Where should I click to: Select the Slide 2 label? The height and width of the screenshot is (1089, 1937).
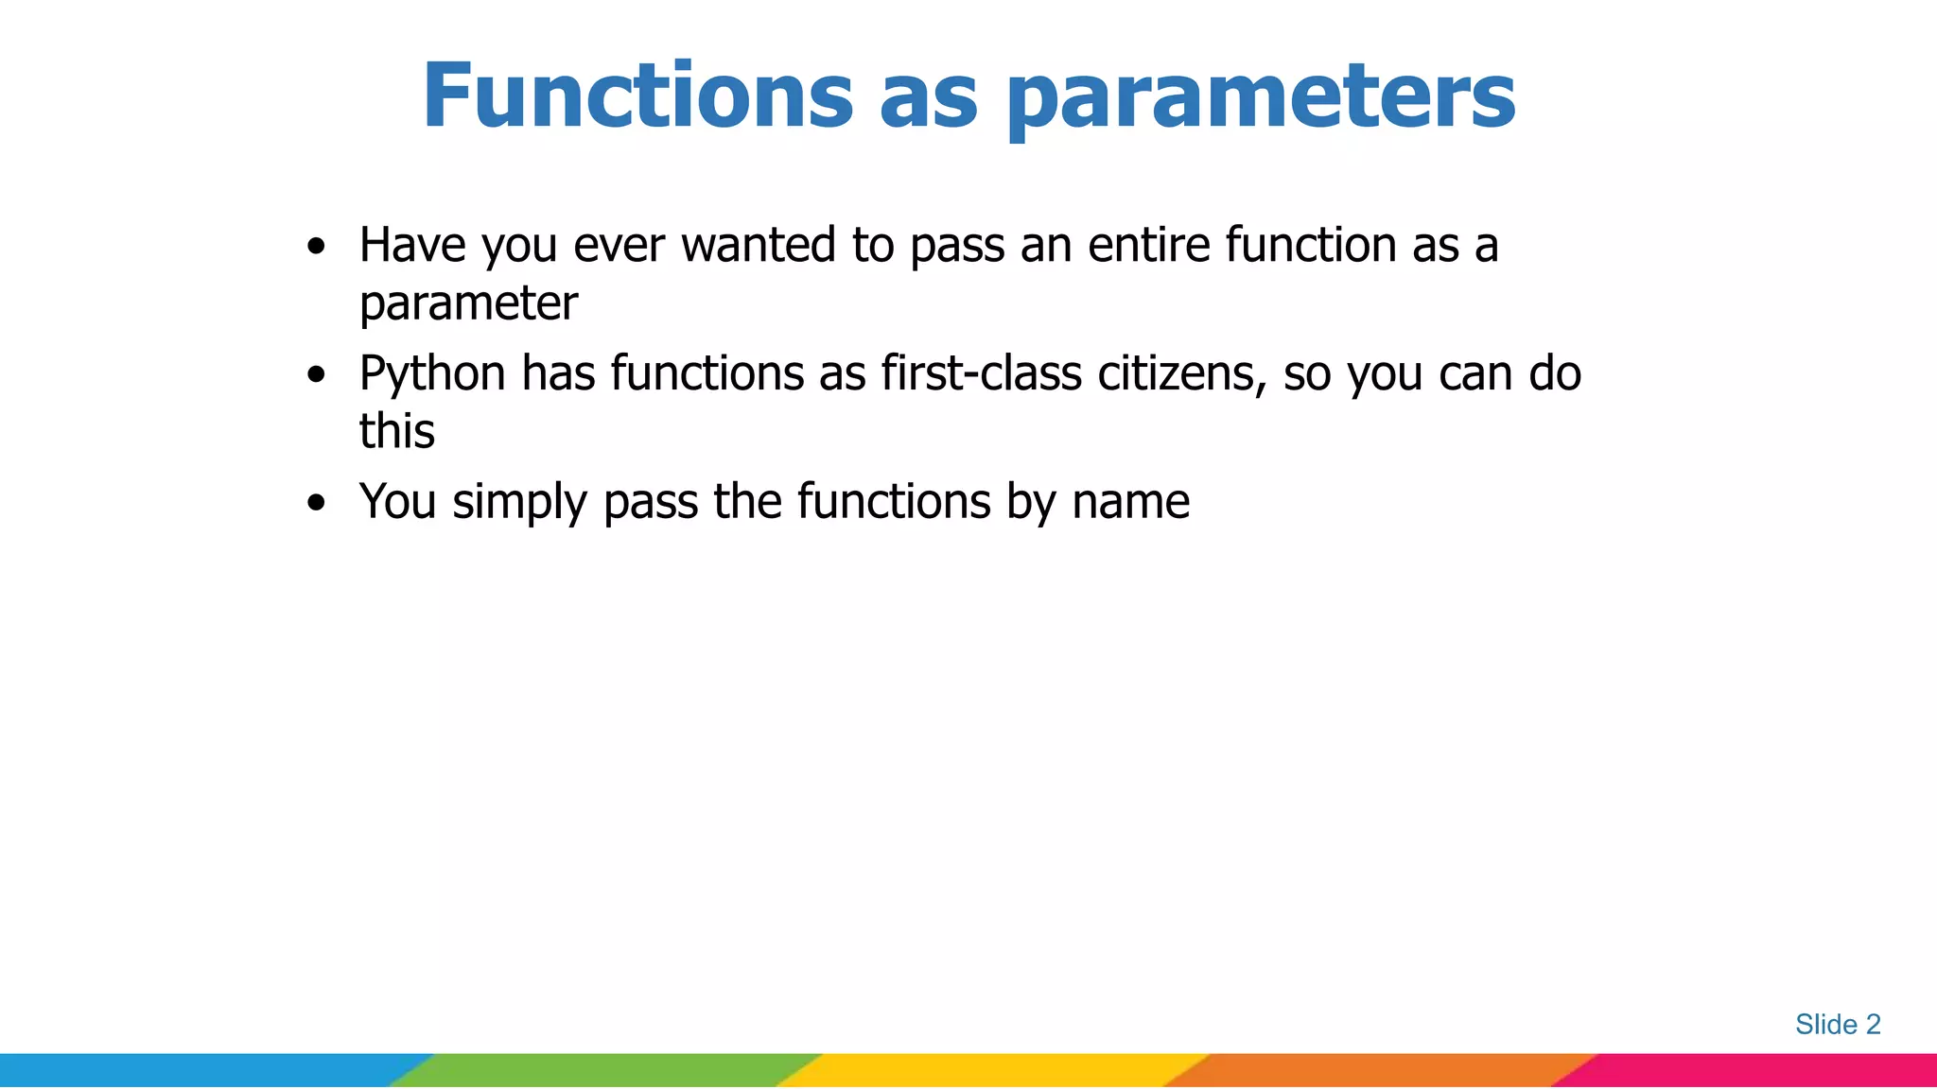pos(1837,1024)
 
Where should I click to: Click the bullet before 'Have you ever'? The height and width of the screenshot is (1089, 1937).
pos(317,248)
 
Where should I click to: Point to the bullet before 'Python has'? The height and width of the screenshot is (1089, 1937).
pos(317,375)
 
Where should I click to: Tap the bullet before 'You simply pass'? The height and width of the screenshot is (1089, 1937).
pos(317,503)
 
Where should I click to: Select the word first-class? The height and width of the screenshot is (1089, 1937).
pos(981,372)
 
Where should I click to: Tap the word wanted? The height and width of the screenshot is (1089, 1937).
pos(759,245)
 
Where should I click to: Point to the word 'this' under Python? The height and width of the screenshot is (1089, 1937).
pos(396,431)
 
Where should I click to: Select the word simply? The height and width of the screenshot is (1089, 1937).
pos(519,503)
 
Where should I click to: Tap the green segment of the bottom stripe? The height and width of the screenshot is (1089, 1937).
pos(605,1070)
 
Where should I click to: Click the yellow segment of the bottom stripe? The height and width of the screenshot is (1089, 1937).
pos(993,1070)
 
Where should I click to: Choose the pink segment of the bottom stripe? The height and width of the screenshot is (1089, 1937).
pos(1759,1070)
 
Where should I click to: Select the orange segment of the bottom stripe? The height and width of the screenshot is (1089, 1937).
pos(1381,1070)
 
